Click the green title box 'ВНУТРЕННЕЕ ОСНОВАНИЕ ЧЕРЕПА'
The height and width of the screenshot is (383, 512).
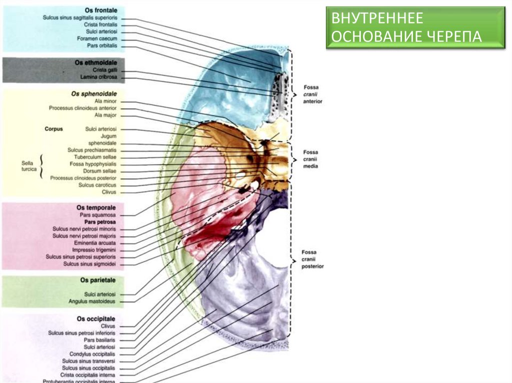pos(415,27)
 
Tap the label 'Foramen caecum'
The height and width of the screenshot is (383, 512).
pos(97,39)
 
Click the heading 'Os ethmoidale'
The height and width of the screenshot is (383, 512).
pos(96,63)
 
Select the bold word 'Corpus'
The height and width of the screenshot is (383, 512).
pos(53,129)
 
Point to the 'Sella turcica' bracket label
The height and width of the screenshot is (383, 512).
pos(29,166)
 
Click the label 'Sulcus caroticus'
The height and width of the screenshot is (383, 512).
pos(97,185)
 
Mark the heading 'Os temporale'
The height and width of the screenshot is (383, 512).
pos(96,207)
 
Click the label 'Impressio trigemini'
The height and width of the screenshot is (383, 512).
pos(94,250)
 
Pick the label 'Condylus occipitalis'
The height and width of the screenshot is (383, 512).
pos(92,354)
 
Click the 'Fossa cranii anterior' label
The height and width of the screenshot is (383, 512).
pos(312,94)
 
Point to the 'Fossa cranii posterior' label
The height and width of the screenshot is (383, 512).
pos(312,259)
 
